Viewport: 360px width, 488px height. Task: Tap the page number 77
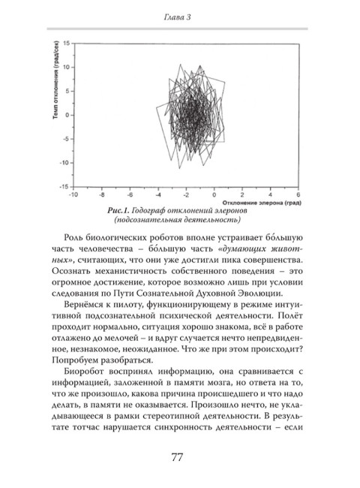[x=180, y=457]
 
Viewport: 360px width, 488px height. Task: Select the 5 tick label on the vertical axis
[x=67, y=91]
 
